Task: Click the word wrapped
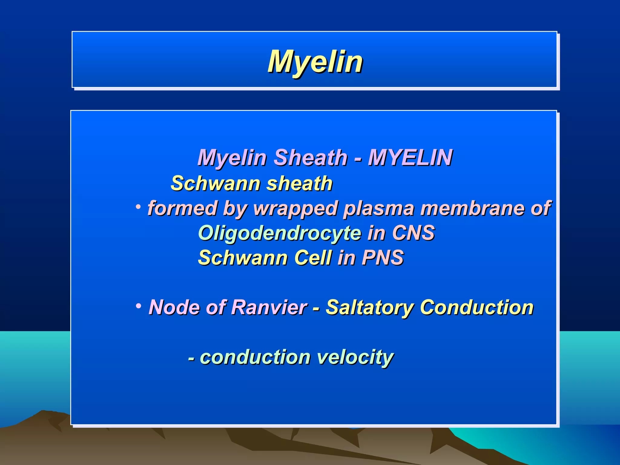(x=296, y=209)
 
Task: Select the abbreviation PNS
(x=383, y=258)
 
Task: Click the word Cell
(x=313, y=258)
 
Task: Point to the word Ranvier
(x=269, y=307)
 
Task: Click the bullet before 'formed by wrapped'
(x=138, y=207)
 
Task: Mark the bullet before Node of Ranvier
(x=138, y=306)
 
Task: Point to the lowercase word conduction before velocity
(x=255, y=357)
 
